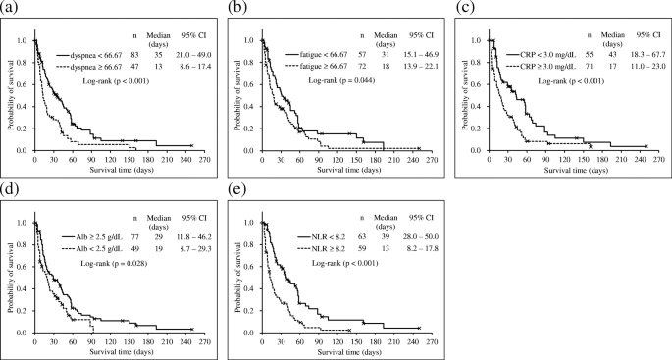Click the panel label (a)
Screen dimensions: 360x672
[10, 8]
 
